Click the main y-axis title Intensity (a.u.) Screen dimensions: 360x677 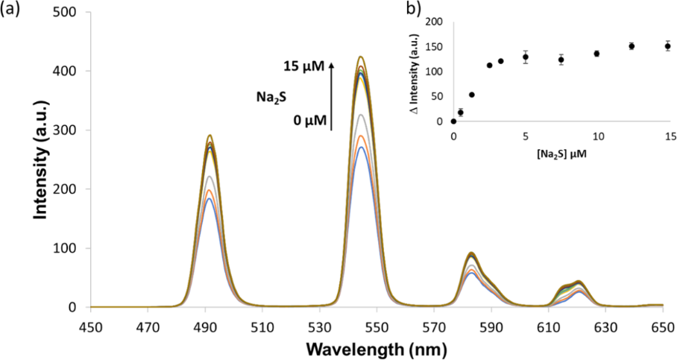(42, 159)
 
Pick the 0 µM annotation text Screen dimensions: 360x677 (307, 120)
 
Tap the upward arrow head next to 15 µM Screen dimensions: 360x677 (331, 64)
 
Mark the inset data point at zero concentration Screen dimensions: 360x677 (453, 121)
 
